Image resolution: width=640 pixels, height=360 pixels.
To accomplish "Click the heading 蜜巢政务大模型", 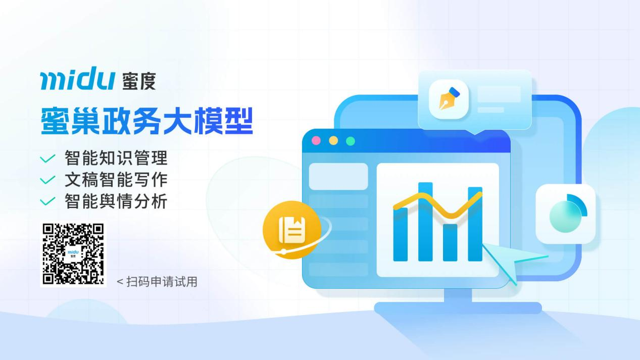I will pyautogui.click(x=146, y=121).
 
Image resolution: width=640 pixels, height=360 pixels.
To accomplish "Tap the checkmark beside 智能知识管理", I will pyautogui.click(x=47, y=159).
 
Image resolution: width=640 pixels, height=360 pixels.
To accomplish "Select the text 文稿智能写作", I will pyautogui.click(x=116, y=180).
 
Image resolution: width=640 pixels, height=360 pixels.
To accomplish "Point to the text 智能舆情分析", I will pyautogui.click(x=116, y=201).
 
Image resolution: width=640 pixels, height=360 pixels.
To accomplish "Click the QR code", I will pyautogui.click(x=73, y=254).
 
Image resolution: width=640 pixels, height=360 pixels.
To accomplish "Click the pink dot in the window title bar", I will pyautogui.click(x=316, y=141).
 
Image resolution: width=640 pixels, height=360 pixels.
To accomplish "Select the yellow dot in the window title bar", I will pyautogui.click(x=333, y=141).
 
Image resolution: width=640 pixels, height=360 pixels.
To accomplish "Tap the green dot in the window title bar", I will pyautogui.click(x=351, y=141).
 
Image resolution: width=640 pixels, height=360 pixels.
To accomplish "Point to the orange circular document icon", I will pyautogui.click(x=292, y=230).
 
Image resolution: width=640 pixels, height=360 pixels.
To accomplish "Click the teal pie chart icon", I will pyautogui.click(x=566, y=214).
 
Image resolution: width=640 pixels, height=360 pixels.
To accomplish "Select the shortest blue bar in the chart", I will pyautogui.click(x=450, y=242).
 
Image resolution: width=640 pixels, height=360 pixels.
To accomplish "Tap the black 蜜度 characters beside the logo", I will pyautogui.click(x=139, y=81).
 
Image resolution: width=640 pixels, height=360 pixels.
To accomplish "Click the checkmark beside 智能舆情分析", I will pyautogui.click(x=47, y=201).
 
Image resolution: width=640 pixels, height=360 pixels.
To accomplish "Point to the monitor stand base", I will pyautogui.click(x=458, y=307).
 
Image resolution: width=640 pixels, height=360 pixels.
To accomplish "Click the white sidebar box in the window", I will pyautogui.click(x=338, y=176).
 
